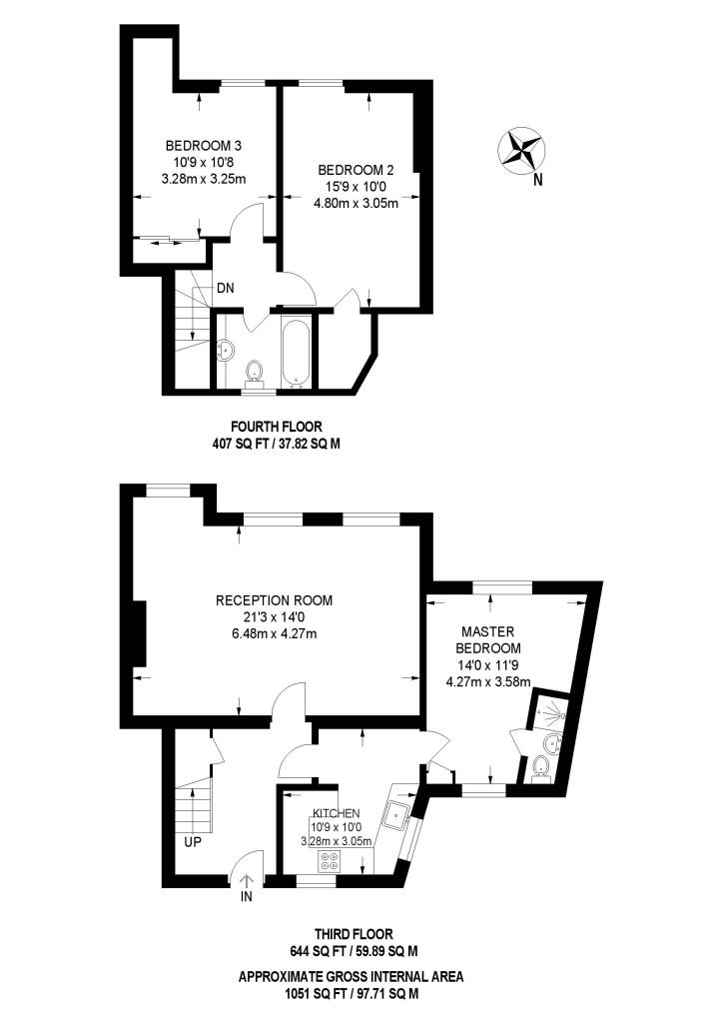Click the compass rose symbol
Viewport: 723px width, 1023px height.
click(x=520, y=150)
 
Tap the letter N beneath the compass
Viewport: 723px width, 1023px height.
click(x=537, y=180)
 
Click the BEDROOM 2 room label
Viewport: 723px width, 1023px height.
click(x=356, y=170)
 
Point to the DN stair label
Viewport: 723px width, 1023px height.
click(x=226, y=288)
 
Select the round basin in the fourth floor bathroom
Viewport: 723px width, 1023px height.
click(x=226, y=350)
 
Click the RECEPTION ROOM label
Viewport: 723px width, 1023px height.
click(x=274, y=600)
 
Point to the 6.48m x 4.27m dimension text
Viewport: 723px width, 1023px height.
click(x=274, y=633)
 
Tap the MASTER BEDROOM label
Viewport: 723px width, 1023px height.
click(x=488, y=640)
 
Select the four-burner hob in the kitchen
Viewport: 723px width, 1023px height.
click(x=330, y=861)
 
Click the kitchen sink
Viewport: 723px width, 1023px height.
click(x=397, y=814)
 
